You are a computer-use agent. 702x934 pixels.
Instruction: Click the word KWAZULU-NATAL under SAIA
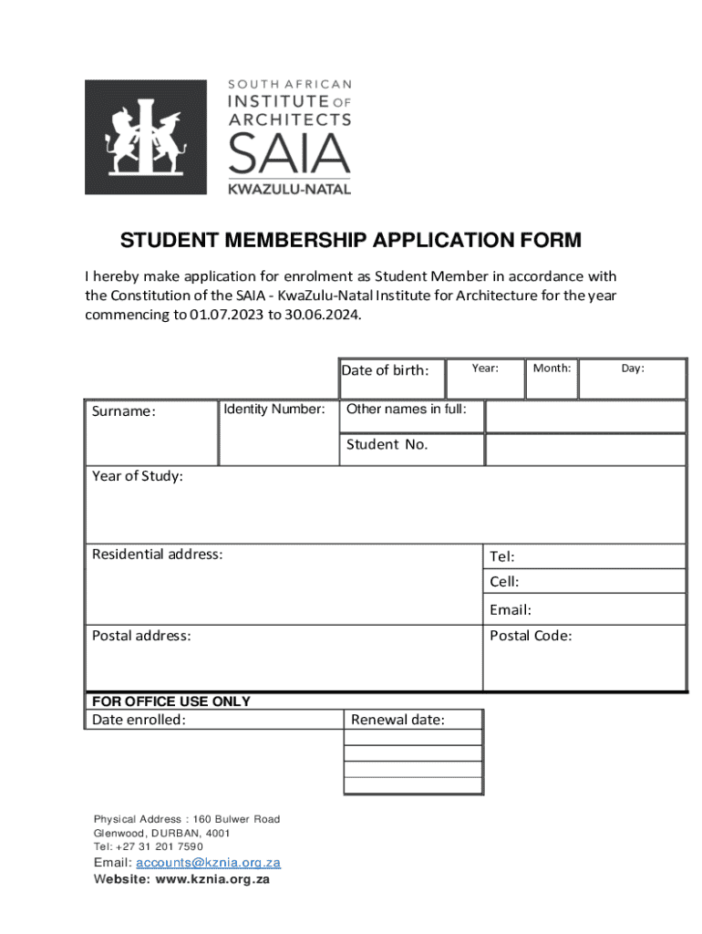pos(289,189)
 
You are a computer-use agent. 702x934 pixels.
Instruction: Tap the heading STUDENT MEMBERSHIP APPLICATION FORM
pos(350,241)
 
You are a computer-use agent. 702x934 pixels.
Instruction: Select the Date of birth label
pos(385,370)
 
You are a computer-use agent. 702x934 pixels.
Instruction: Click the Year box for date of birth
pos(485,379)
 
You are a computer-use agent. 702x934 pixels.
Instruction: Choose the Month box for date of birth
pos(552,379)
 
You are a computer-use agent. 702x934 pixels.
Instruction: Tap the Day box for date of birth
pos(633,379)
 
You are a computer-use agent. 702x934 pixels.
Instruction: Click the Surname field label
pos(124,411)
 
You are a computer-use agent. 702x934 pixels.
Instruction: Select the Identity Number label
pos(274,410)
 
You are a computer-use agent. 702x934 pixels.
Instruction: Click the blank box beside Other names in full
pos(584,417)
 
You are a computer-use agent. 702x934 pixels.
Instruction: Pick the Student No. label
pos(387,445)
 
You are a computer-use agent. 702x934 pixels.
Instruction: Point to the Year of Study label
pos(138,476)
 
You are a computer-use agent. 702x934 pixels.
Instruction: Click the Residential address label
pos(157,555)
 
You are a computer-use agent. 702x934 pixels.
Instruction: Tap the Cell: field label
pos(504,582)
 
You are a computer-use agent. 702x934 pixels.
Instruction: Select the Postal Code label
pos(531,636)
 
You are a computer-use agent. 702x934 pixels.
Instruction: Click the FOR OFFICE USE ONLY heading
pos(170,701)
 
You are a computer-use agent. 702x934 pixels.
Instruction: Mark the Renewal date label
pos(397,721)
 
